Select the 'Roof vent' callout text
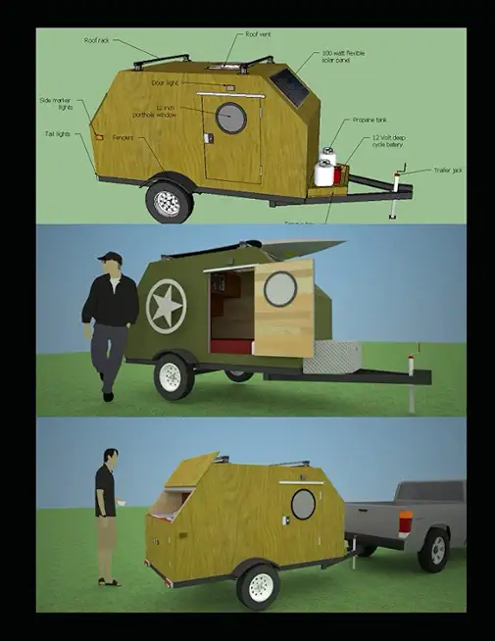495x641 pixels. [257, 34]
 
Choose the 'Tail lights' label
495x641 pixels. [56, 133]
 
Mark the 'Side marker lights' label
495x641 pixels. [57, 103]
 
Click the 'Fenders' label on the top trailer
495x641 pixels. [123, 137]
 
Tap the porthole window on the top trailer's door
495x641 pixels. [231, 117]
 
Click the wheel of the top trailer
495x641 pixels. [169, 203]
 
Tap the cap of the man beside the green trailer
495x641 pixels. [110, 258]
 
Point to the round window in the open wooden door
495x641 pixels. [280, 289]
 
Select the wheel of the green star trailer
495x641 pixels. [172, 378]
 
